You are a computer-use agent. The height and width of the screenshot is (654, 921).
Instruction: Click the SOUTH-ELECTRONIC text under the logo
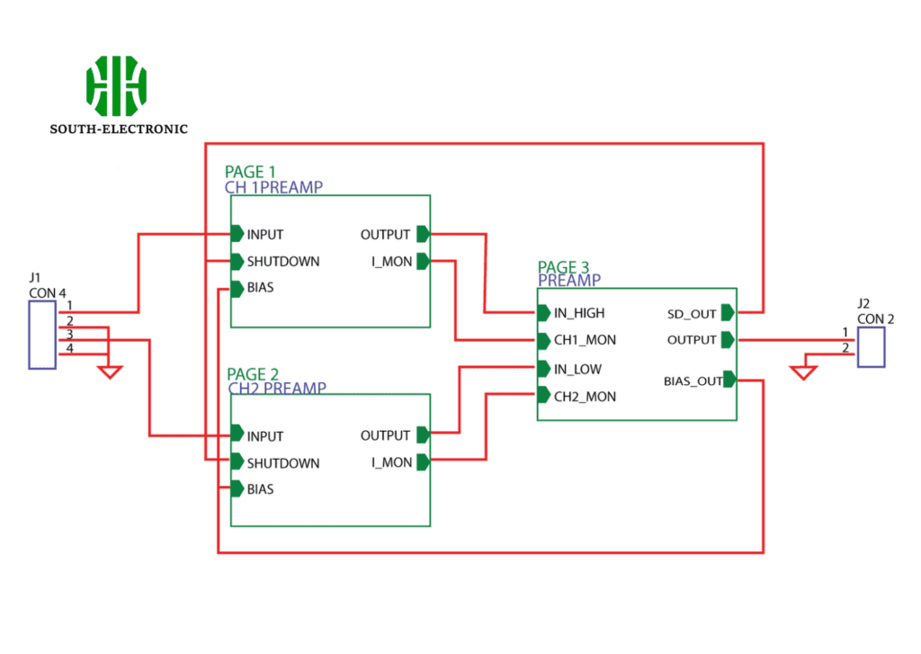click(119, 129)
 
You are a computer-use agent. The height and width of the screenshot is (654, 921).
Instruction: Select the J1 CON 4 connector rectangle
click(42, 335)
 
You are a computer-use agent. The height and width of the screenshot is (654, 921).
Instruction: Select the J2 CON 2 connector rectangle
click(870, 346)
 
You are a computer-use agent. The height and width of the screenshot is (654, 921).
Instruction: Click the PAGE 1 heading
click(251, 172)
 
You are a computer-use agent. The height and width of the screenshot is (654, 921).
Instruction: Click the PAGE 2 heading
click(253, 374)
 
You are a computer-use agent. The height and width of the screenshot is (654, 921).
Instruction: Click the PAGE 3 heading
click(564, 267)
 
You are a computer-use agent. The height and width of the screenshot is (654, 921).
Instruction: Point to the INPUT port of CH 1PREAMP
click(264, 235)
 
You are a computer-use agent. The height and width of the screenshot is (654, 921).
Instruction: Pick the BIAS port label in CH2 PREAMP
click(260, 489)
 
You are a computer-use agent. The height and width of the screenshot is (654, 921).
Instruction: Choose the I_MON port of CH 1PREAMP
click(393, 262)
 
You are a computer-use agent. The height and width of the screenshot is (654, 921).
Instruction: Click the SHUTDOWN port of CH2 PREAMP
click(282, 463)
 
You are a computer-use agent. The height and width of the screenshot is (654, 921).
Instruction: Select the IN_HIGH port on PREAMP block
click(579, 313)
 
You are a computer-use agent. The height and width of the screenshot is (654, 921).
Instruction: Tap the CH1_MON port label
click(585, 341)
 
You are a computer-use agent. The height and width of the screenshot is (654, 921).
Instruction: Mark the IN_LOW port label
click(577, 369)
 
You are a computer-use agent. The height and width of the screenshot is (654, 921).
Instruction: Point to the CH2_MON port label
click(585, 396)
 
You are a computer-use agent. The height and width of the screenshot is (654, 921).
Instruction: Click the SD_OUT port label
click(692, 313)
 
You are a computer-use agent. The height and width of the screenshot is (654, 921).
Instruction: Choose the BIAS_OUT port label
click(693, 381)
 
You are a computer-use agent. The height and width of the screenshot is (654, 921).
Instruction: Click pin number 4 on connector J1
click(68, 348)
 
